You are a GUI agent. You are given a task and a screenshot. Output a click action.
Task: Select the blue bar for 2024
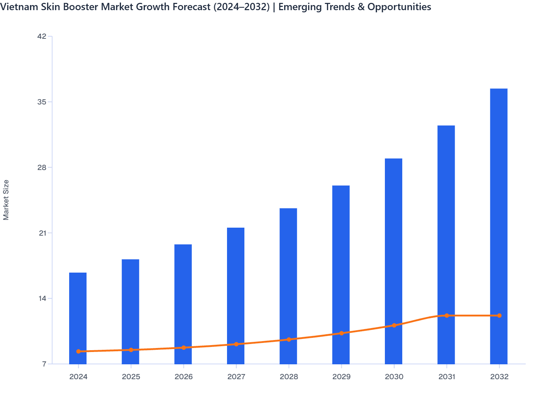(78, 312)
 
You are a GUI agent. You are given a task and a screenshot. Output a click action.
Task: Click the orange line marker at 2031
(447, 316)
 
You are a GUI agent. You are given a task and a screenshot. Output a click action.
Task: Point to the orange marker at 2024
(79, 351)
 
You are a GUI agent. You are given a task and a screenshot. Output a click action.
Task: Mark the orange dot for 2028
(289, 340)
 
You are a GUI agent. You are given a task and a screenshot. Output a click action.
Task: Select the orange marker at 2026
(184, 348)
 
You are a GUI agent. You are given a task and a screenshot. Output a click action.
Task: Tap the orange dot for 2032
(499, 316)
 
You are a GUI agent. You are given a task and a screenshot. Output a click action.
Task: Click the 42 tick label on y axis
(42, 36)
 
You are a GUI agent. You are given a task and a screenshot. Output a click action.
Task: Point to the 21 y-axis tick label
(42, 233)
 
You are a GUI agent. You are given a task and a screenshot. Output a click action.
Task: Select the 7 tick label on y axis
(45, 364)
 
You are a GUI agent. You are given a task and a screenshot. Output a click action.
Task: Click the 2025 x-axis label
(131, 377)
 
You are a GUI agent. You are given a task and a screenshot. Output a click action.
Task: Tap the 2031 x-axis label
(447, 377)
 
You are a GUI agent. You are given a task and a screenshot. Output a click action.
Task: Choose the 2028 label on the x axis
(289, 377)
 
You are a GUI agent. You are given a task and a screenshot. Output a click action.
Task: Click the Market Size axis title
(6, 200)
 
